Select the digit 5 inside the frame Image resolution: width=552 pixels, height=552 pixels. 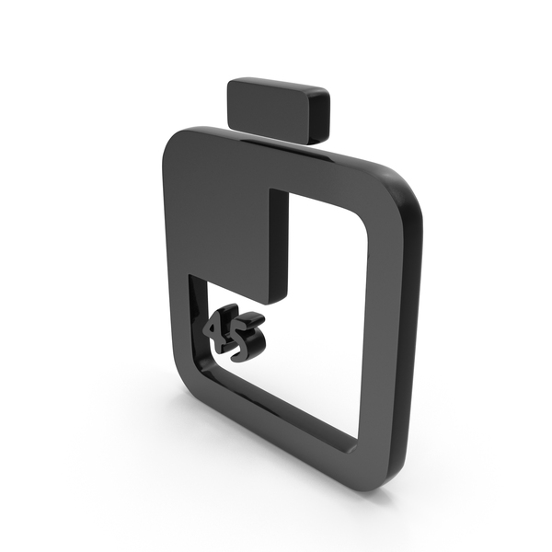click(x=247, y=336)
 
